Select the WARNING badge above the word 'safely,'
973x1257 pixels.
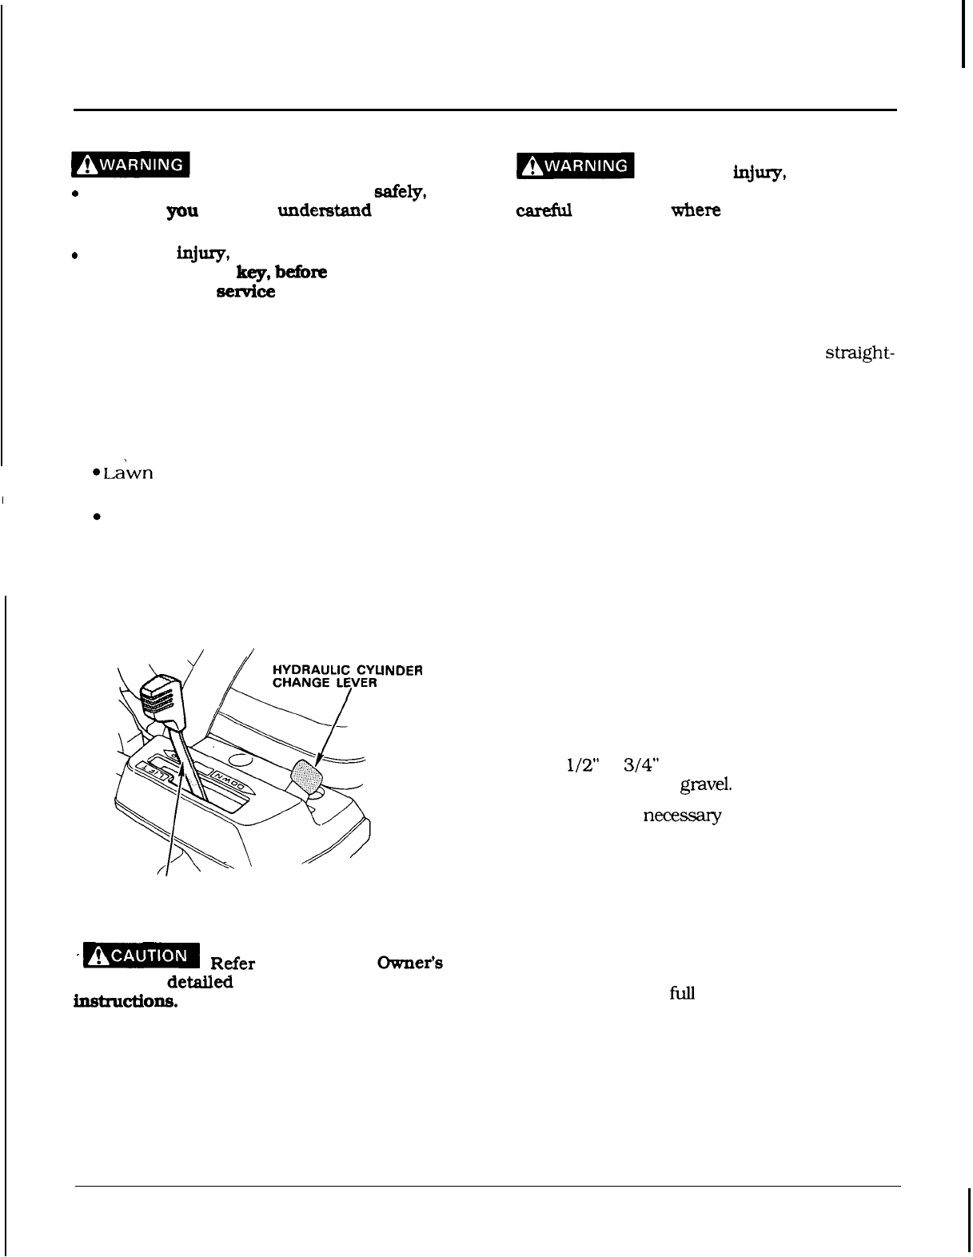(x=128, y=166)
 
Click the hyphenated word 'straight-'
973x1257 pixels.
(x=858, y=354)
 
